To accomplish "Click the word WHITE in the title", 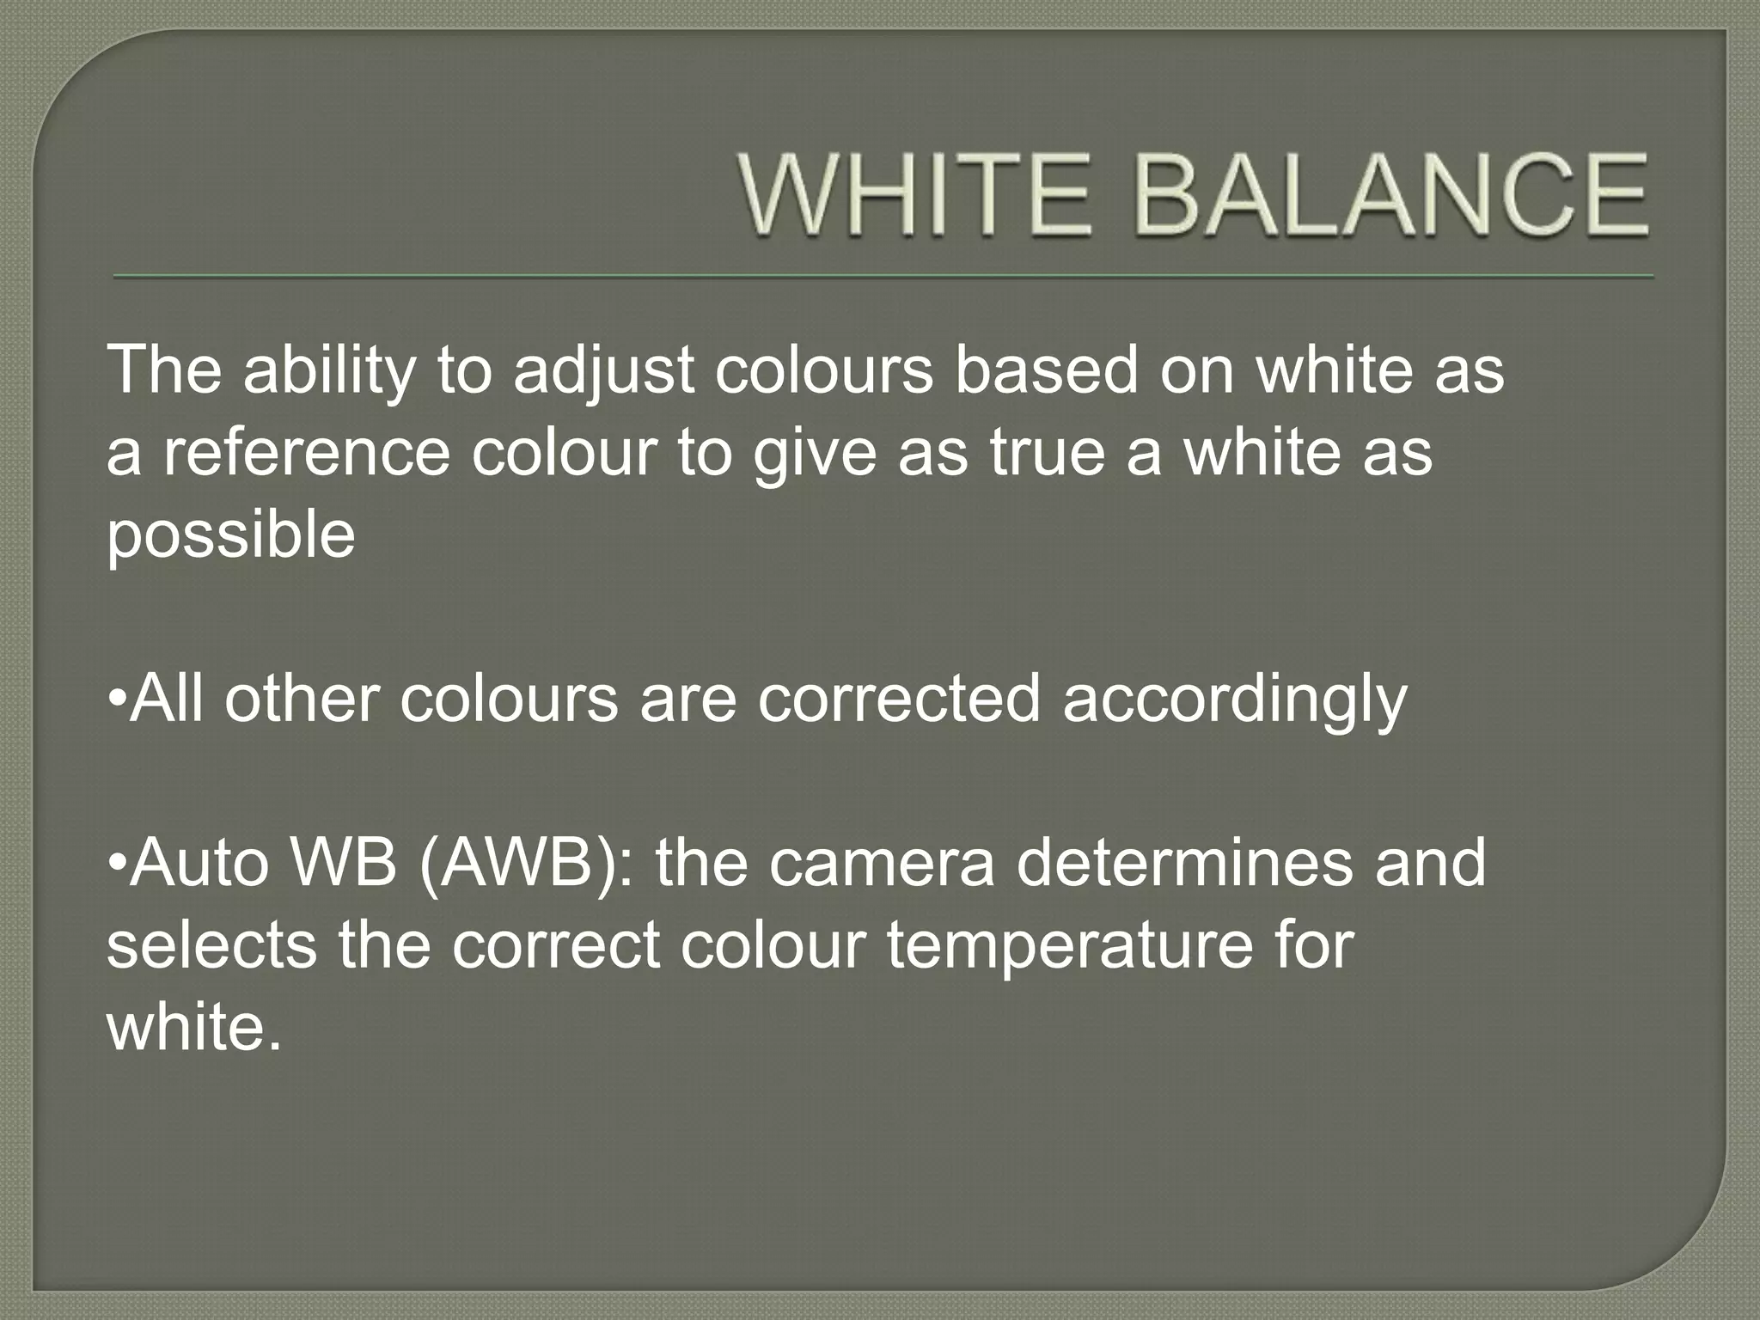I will (914, 195).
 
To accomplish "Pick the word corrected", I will (899, 699).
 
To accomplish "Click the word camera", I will (882, 864).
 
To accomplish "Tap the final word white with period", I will (194, 1027).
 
